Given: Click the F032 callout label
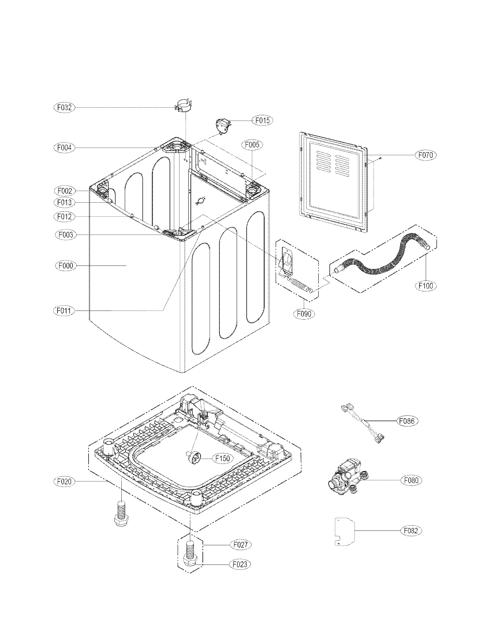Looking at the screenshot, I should click(x=65, y=108).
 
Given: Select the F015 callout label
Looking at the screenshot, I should click(x=262, y=120).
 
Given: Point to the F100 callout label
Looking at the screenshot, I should click(x=425, y=285).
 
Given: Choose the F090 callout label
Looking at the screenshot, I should click(x=304, y=314).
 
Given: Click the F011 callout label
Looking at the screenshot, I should click(x=64, y=311).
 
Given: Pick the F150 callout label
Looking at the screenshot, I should click(x=223, y=459).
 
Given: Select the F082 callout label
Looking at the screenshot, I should click(x=411, y=531).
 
